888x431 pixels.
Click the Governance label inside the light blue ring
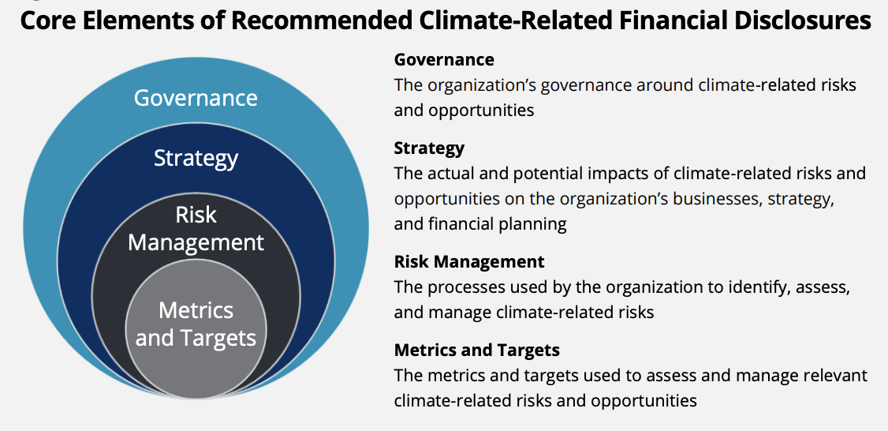click(x=196, y=98)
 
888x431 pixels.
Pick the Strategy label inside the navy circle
click(x=196, y=158)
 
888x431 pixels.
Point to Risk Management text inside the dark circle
click(x=196, y=229)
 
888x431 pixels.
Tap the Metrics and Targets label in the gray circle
click(x=196, y=324)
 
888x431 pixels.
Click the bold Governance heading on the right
click(x=444, y=59)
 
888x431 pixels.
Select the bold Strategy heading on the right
click(x=429, y=148)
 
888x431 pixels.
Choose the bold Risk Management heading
click(x=469, y=261)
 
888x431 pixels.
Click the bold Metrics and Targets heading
click(x=477, y=350)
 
